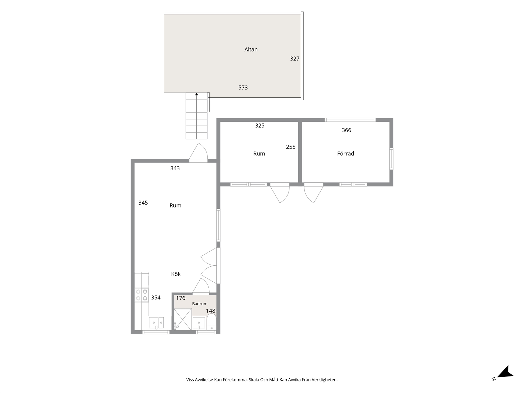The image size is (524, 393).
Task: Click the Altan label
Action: (x=251, y=49)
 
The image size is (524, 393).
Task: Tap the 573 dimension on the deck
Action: (x=243, y=88)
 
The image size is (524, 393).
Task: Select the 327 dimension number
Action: (x=294, y=59)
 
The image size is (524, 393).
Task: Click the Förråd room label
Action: (x=345, y=153)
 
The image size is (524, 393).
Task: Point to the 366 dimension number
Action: (x=347, y=130)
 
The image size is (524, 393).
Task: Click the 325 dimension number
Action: (x=260, y=125)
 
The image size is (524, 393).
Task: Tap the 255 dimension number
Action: (x=290, y=147)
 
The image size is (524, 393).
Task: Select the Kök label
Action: (x=176, y=274)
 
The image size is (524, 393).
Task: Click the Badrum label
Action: (x=200, y=303)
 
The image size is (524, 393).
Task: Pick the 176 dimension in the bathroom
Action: (x=181, y=298)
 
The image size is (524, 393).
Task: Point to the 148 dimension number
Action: (x=211, y=311)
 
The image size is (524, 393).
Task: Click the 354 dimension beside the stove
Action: (x=156, y=298)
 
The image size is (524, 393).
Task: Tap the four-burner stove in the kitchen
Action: (x=142, y=295)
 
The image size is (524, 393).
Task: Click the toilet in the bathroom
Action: (x=211, y=322)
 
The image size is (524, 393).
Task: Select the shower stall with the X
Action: (x=183, y=319)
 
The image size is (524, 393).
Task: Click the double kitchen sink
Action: (x=156, y=323)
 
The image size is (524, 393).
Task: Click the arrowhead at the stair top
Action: (x=196, y=94)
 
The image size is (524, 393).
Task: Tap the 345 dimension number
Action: (x=143, y=203)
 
